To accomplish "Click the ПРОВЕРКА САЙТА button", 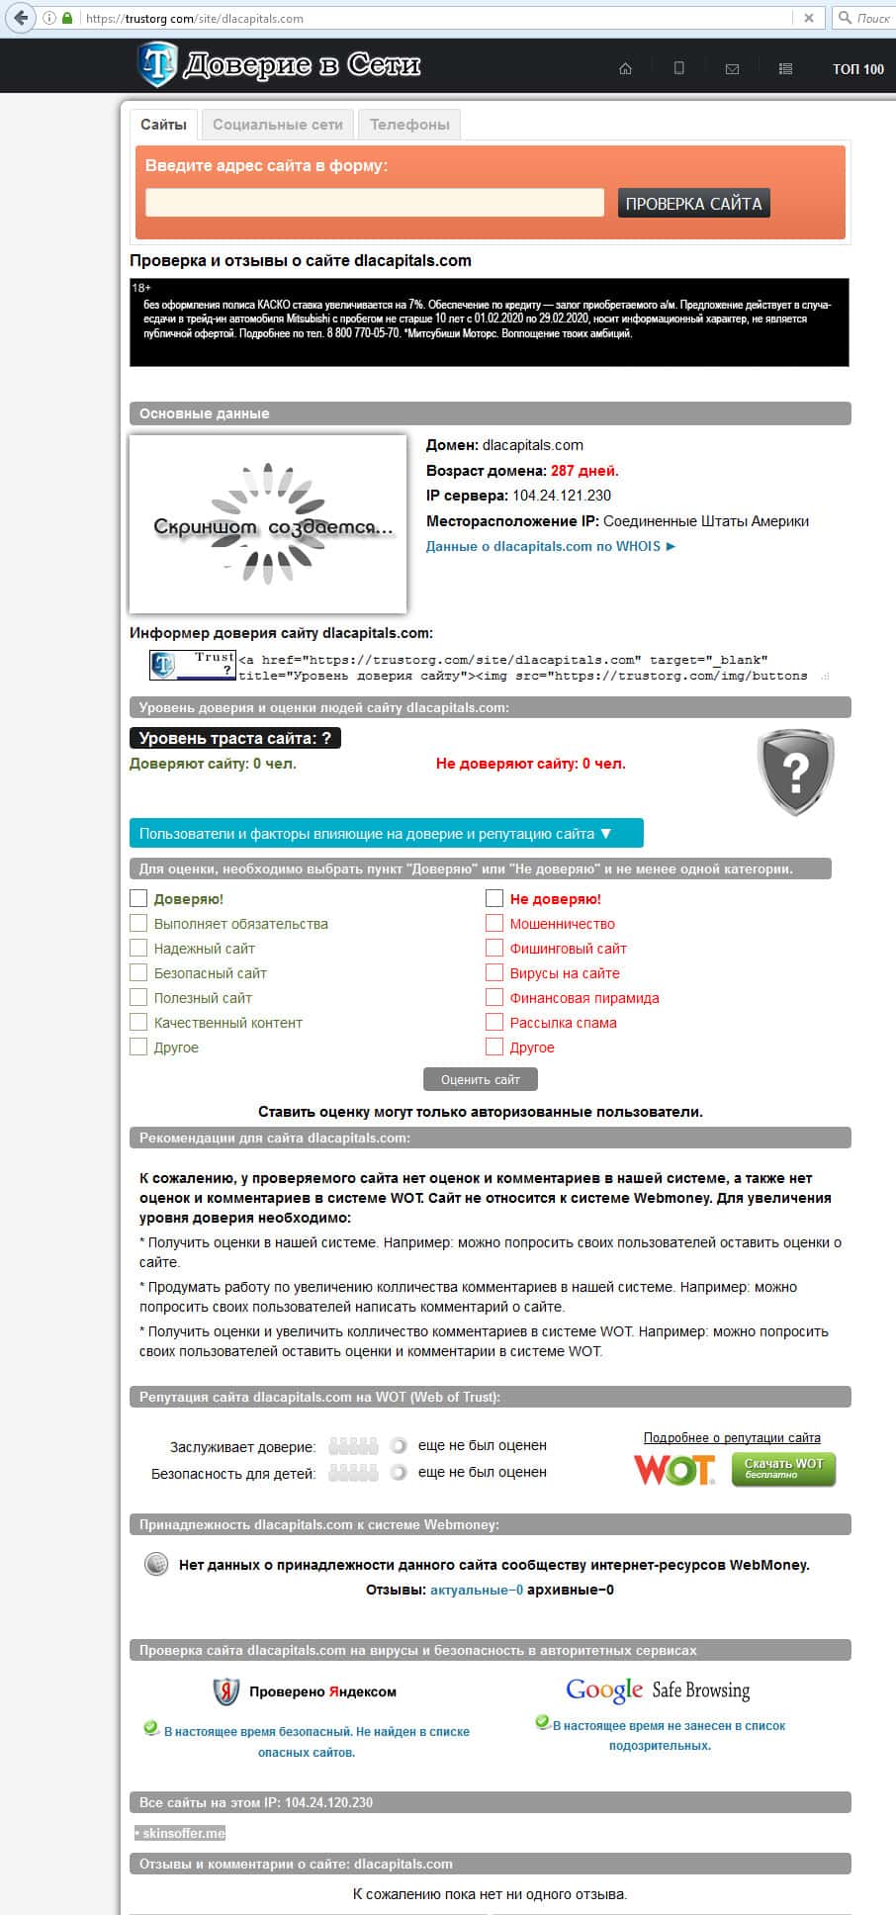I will pos(693,204).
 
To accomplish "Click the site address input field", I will pos(374,203).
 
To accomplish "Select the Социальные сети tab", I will pos(277,125).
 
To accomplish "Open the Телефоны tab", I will pos(409,125).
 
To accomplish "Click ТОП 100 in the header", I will pos(857,69).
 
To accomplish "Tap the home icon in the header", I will pos(625,69).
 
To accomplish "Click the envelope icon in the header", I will pos(732,69).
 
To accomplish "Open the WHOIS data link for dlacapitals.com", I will pos(550,546).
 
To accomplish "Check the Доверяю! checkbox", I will pos(139,899).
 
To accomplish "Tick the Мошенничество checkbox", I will pos(495,924).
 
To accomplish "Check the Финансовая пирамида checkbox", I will pos(495,998).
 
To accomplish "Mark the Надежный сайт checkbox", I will pos(139,949).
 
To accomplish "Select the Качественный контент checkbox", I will pos(139,1023).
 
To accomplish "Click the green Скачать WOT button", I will pos(783,1469).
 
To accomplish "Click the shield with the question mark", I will pos(795,772).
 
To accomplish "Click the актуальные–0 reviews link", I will pos(476,1590).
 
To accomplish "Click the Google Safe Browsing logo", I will pos(658,1689).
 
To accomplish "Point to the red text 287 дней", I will pos(584,471).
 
